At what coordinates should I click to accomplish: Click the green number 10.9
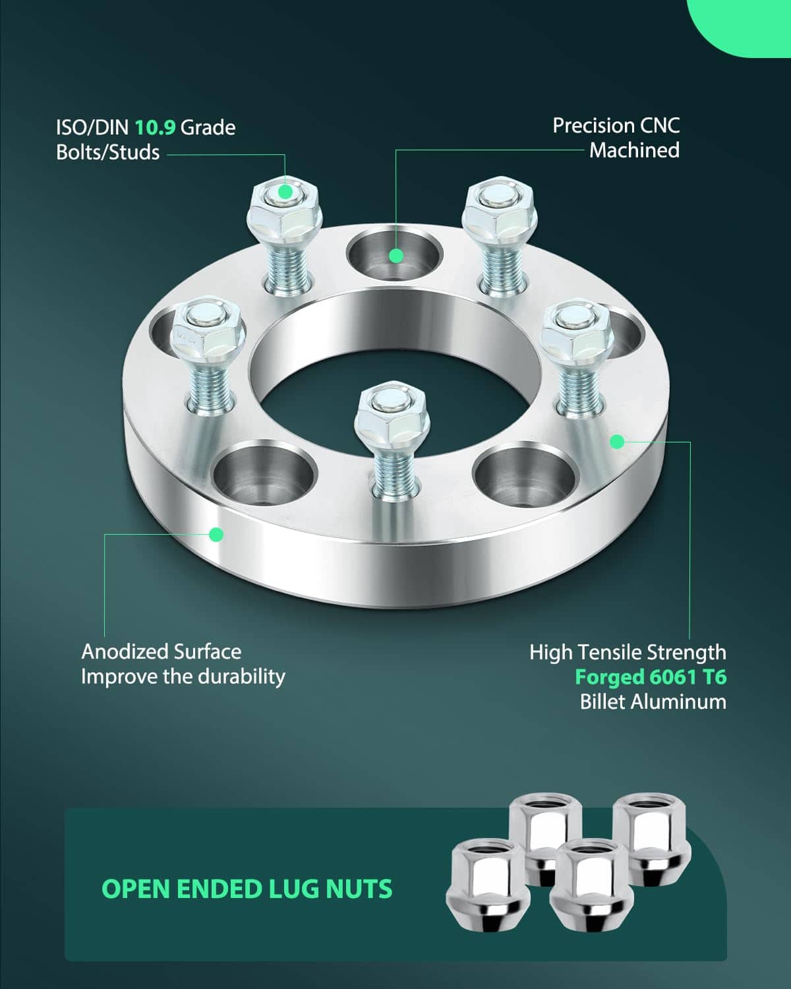tap(155, 127)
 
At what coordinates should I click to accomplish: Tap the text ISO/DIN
tap(92, 127)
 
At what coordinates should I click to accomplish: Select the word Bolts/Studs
tap(107, 152)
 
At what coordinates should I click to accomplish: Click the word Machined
tap(634, 150)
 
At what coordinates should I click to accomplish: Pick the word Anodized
tap(125, 651)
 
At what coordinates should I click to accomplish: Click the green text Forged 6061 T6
tap(651, 677)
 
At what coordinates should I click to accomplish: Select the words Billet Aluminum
tap(653, 702)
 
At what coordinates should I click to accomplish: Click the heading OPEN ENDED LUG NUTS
tap(247, 889)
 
